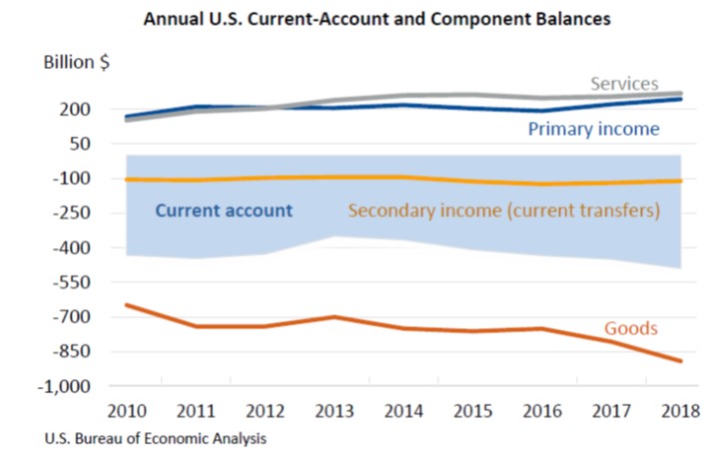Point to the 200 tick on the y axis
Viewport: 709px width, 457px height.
77,109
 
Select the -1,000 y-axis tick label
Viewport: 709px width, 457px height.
67,386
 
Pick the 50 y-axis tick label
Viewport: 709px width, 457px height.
81,144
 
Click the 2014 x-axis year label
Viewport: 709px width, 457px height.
404,411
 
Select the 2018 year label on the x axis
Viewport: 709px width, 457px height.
681,411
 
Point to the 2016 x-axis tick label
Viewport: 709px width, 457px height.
542,411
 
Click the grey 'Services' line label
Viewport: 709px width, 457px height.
623,83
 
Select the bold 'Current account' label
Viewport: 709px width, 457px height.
224,211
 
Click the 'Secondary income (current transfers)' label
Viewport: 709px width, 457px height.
503,211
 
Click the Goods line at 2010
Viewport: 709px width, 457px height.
126,304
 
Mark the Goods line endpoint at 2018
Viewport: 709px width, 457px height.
681,361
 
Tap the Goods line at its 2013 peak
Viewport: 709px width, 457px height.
335,317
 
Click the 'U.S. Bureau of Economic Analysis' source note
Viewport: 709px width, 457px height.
155,438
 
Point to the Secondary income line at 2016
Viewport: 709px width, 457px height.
542,185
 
